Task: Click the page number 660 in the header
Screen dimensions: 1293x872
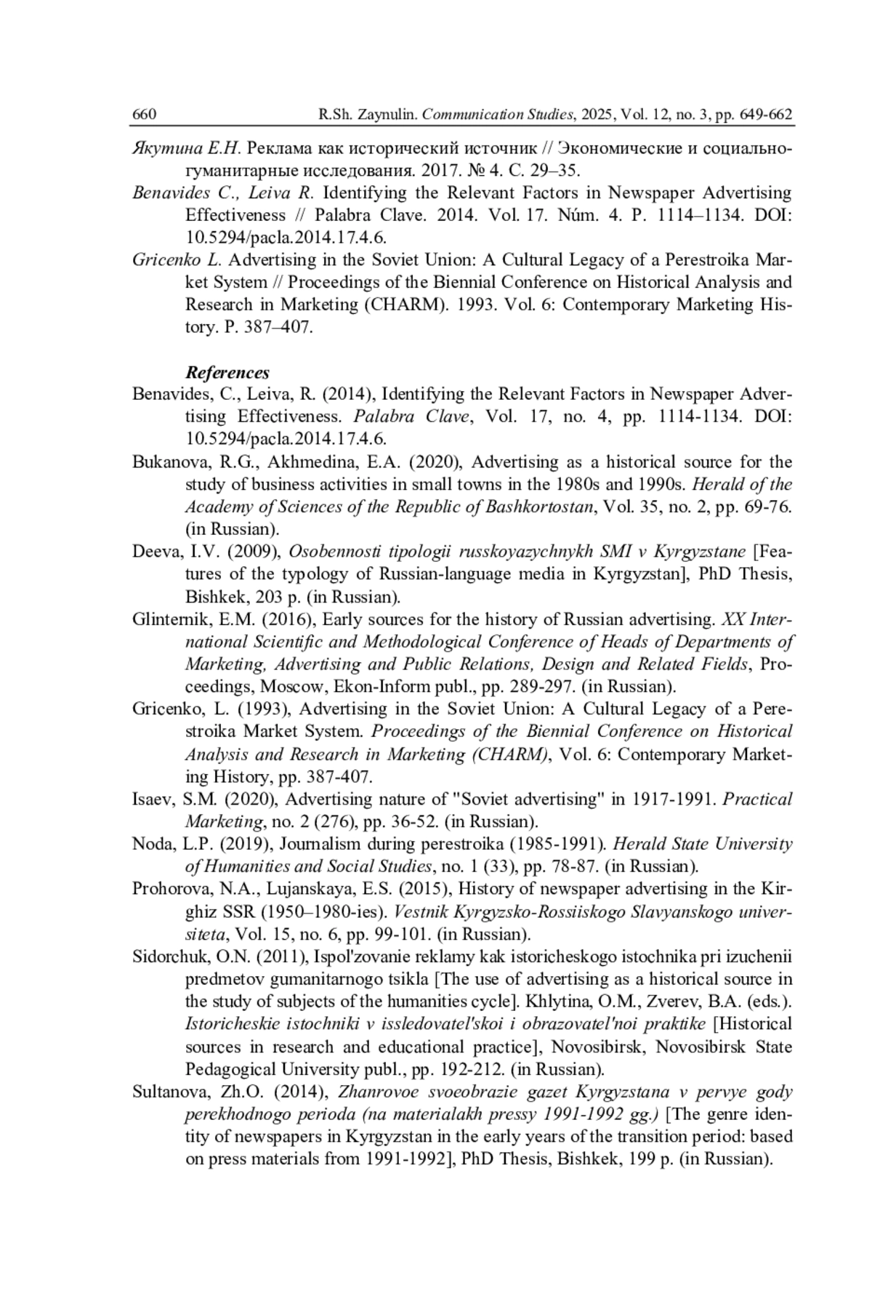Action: point(145,115)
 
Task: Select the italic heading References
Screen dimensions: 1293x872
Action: point(227,373)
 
